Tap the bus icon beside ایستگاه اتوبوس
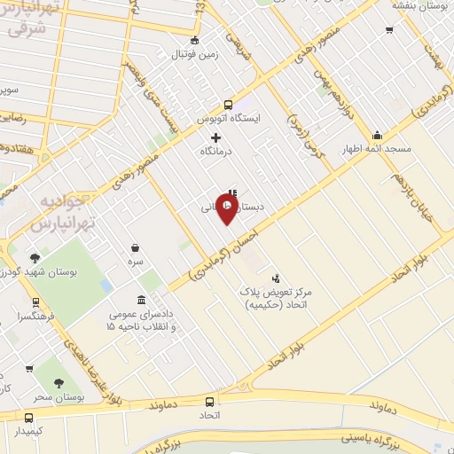228,103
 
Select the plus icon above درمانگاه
215,137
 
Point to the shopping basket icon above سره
134,247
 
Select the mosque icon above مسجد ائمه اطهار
378,136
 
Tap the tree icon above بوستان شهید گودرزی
35,258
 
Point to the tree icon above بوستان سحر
59,383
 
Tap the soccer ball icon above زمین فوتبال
194,40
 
